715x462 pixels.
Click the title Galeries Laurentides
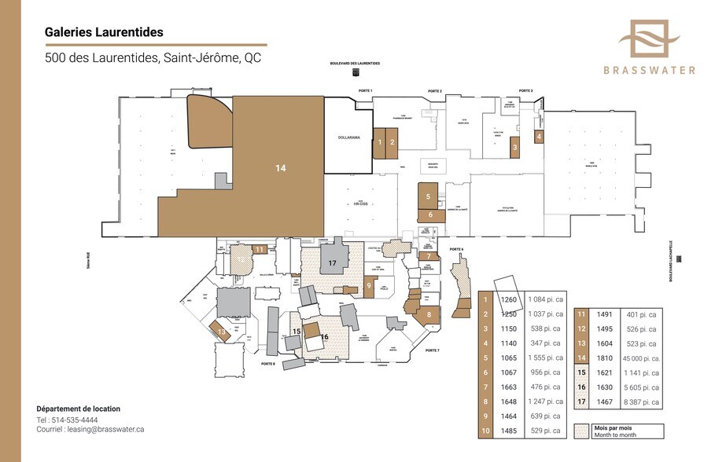tap(104, 32)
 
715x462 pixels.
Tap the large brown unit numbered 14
tap(280, 167)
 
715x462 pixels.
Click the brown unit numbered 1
tap(380, 143)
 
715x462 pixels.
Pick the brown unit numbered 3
tap(514, 147)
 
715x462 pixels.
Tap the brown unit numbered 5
tap(428, 196)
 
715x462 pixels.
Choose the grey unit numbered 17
tap(333, 262)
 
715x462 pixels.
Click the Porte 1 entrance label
tap(365, 91)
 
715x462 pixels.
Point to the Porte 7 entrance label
tap(432, 350)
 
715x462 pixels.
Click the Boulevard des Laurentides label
tap(356, 63)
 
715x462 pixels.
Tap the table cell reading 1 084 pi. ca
tap(542, 299)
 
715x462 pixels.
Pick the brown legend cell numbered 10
tap(486, 431)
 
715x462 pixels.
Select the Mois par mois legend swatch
tap(582, 431)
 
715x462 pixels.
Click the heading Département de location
tap(79, 409)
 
